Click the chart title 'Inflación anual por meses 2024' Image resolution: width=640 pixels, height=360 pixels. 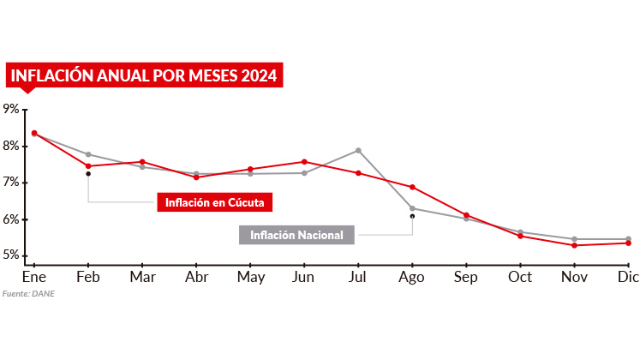pyautogui.click(x=144, y=75)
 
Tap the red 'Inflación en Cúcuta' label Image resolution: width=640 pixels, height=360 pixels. pyautogui.click(x=214, y=202)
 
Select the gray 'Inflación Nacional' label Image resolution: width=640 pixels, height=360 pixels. pyautogui.click(x=296, y=235)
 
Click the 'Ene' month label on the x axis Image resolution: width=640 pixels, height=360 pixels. pyautogui.click(x=33, y=277)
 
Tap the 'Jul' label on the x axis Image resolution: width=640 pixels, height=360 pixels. pyautogui.click(x=358, y=277)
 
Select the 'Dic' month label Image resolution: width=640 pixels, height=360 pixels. pyautogui.click(x=628, y=277)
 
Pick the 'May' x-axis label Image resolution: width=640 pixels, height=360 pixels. pyautogui.click(x=250, y=277)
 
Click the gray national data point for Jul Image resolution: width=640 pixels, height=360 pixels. pyautogui.click(x=358, y=151)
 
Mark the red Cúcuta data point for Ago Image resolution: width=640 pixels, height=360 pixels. pyautogui.click(x=412, y=187)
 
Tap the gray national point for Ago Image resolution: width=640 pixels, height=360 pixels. pyautogui.click(x=412, y=208)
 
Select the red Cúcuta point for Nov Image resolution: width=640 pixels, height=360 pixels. pyautogui.click(x=574, y=245)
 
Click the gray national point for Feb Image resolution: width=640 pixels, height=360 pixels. pyautogui.click(x=88, y=154)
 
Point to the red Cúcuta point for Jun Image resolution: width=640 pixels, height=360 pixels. pyautogui.click(x=304, y=161)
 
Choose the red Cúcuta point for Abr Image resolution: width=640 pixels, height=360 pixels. pyautogui.click(x=196, y=177)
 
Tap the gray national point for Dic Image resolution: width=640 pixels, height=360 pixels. pyautogui.click(x=628, y=239)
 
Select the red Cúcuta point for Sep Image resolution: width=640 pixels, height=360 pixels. pyautogui.click(x=466, y=215)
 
